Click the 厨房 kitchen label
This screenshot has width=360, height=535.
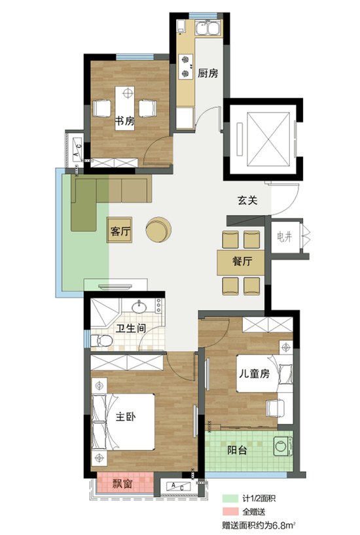[207, 73]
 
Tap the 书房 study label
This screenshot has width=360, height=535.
[124, 121]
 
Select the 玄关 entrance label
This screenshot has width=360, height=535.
[247, 200]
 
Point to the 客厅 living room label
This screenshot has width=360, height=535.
[120, 232]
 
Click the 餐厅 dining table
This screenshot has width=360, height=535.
[241, 262]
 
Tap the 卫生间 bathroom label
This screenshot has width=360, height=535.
[131, 328]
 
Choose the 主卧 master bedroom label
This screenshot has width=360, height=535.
[126, 417]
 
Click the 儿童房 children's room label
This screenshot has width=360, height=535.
[254, 373]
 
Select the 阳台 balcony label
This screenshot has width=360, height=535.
[237, 450]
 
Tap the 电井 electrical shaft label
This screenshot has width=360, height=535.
[284, 237]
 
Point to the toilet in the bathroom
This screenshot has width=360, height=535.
[101, 341]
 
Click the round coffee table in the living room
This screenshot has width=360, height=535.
[158, 230]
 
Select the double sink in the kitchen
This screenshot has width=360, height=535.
[207, 28]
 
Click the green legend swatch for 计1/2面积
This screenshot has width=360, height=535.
[230, 498]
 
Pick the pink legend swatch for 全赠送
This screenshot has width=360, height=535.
[230, 511]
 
